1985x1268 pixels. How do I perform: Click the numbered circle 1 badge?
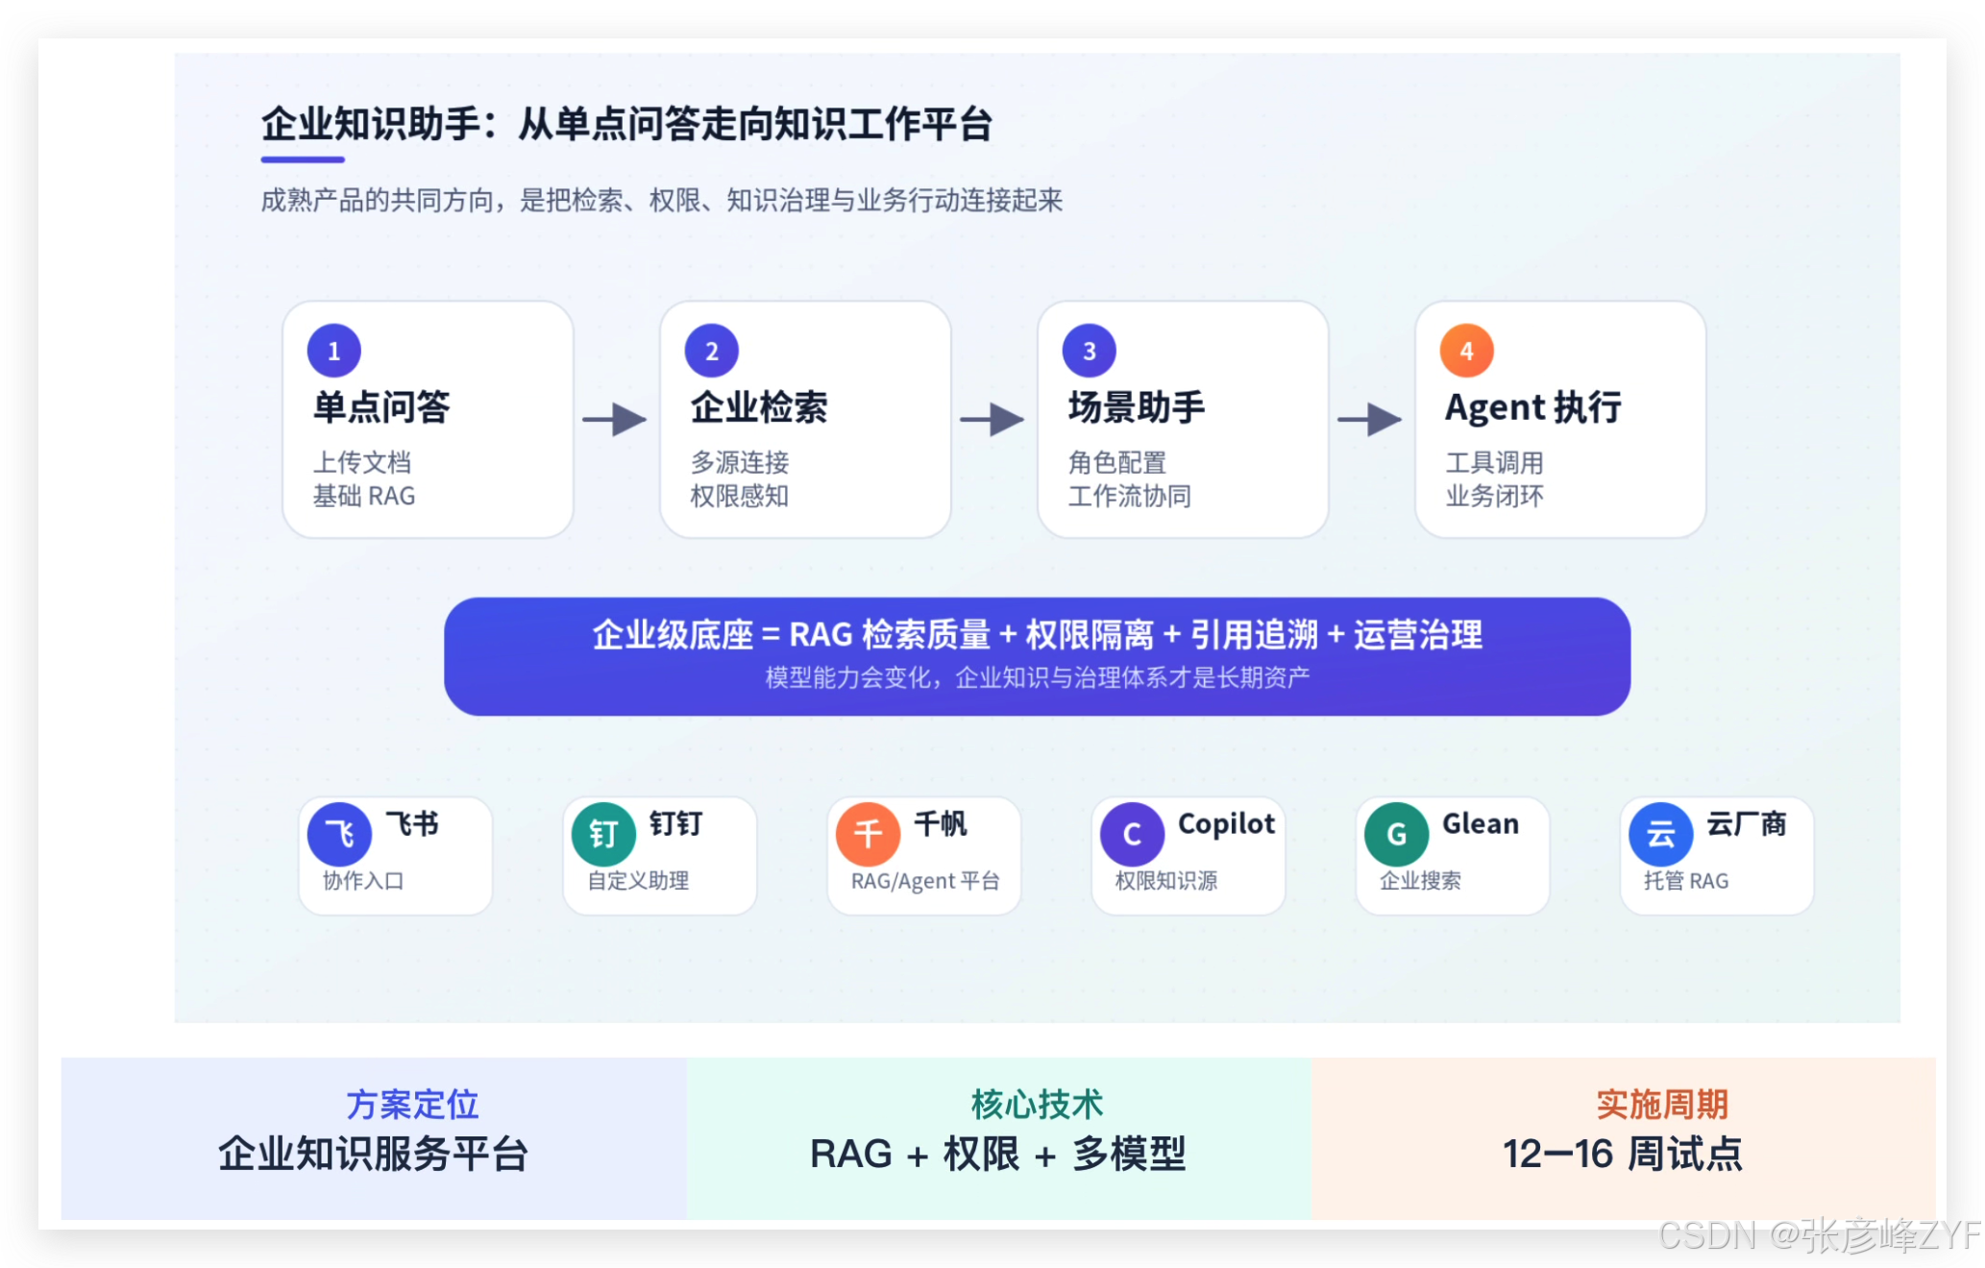(x=334, y=351)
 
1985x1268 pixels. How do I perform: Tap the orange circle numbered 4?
(x=1466, y=351)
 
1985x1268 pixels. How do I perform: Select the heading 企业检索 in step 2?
(x=759, y=407)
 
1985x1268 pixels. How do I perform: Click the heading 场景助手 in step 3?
(x=1137, y=407)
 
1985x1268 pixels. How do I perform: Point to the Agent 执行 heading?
(x=1533, y=407)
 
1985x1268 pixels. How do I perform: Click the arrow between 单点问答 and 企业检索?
(x=615, y=419)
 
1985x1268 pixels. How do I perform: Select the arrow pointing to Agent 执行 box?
(x=1370, y=419)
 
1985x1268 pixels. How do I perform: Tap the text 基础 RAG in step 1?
(x=364, y=496)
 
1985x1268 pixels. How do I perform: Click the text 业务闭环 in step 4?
(x=1495, y=496)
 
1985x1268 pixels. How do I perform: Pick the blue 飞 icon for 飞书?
(x=339, y=834)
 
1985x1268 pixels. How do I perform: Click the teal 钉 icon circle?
(x=603, y=834)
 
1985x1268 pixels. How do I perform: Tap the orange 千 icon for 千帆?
(x=868, y=834)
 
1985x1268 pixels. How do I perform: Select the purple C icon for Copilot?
(x=1132, y=834)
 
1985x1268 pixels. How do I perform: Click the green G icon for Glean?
(x=1396, y=834)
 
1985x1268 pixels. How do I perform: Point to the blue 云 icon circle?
(x=1660, y=834)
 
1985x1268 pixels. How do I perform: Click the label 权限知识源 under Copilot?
(x=1166, y=881)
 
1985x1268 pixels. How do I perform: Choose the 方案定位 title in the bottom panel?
(x=412, y=1105)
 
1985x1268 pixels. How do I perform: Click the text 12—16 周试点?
(x=1623, y=1154)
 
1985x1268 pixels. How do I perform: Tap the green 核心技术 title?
(x=1037, y=1105)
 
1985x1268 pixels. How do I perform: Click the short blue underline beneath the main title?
(x=303, y=159)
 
